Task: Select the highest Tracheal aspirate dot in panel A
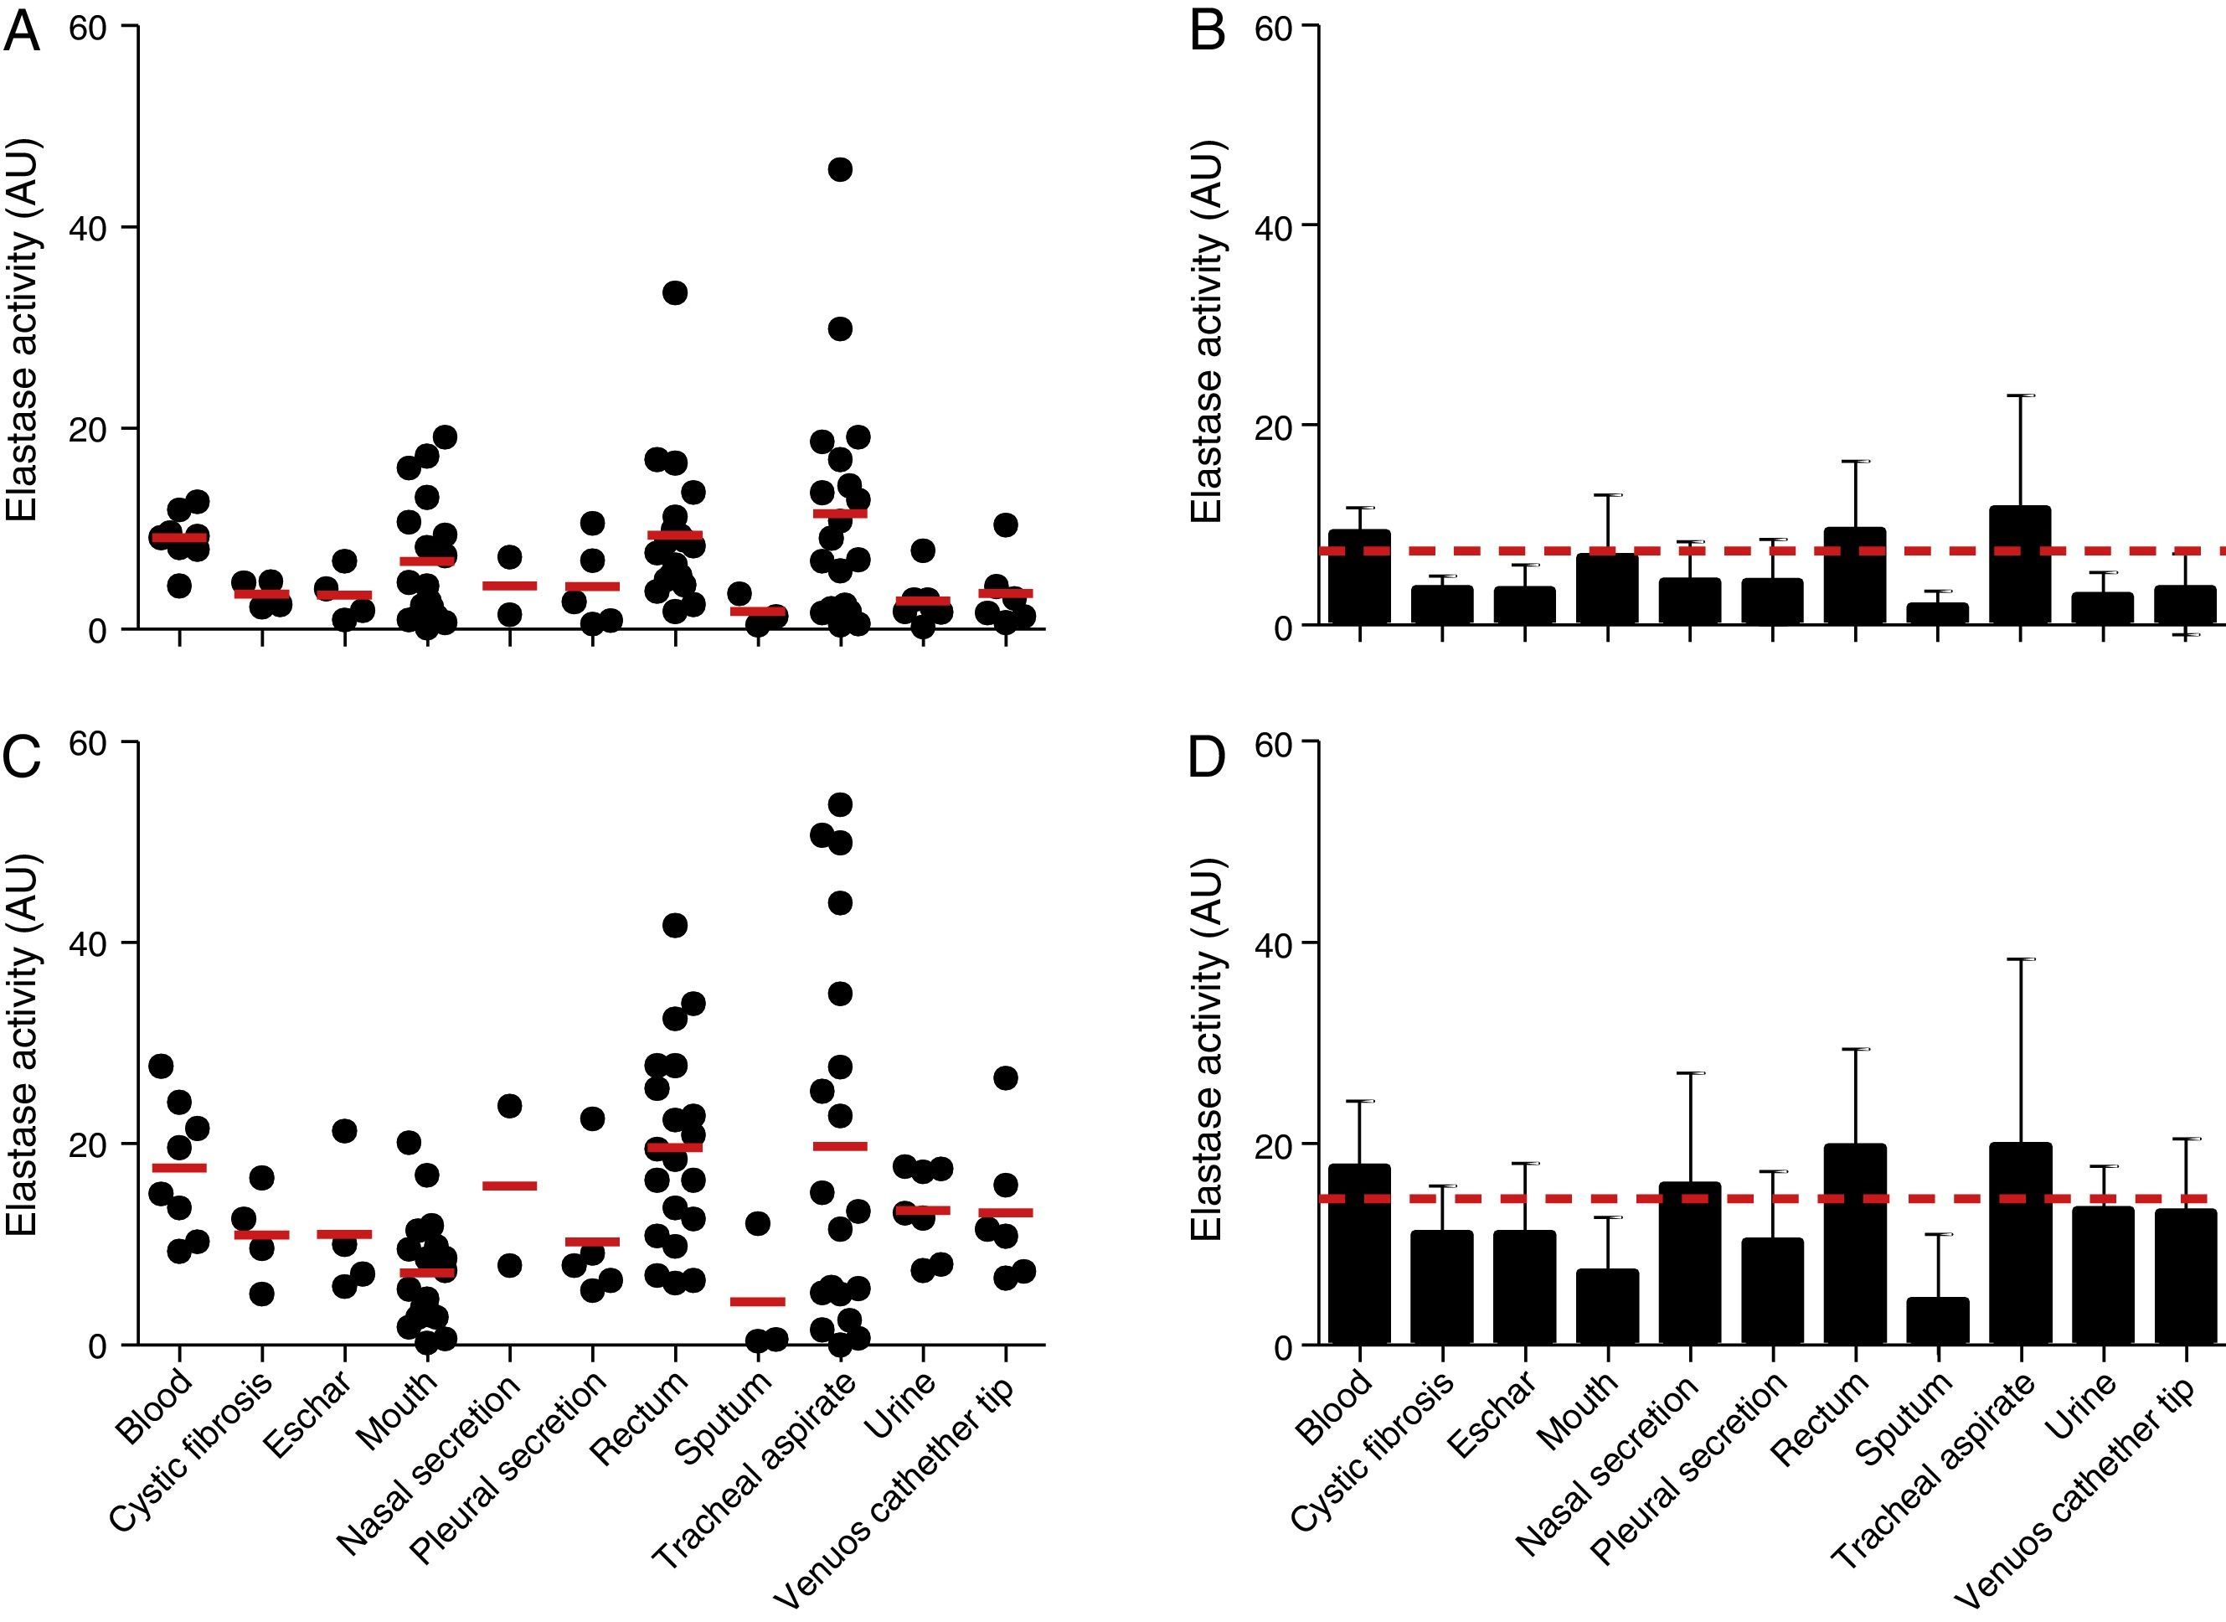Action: click(x=840, y=170)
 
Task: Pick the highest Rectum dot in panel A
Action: click(x=674, y=292)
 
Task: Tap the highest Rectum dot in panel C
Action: click(x=674, y=925)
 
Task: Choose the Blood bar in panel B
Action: click(x=1359, y=577)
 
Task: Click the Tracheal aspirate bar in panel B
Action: click(x=2020, y=566)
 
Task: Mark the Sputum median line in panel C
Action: click(x=758, y=1302)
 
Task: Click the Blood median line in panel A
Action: click(x=178, y=537)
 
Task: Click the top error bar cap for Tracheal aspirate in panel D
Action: click(x=2020, y=959)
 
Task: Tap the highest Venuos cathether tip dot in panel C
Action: click(x=1005, y=1078)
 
